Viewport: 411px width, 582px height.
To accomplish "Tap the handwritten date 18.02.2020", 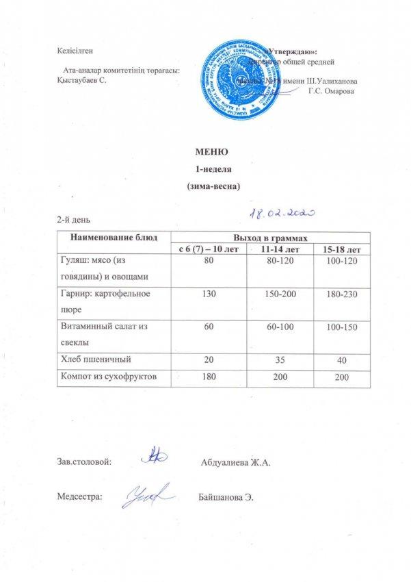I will point(280,214).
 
